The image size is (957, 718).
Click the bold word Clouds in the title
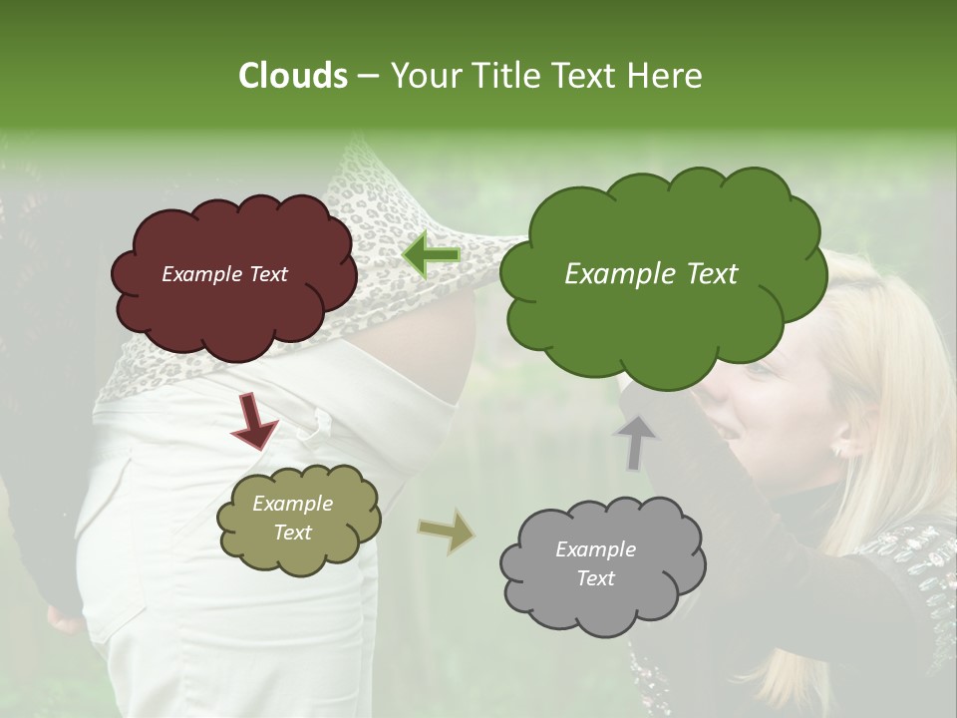coord(293,76)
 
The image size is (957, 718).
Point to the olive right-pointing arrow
coord(447,532)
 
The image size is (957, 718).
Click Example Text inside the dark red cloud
coord(224,275)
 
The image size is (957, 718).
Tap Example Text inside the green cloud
coord(651,274)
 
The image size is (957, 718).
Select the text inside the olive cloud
coord(292,519)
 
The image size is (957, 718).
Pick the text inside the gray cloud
coord(595,564)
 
